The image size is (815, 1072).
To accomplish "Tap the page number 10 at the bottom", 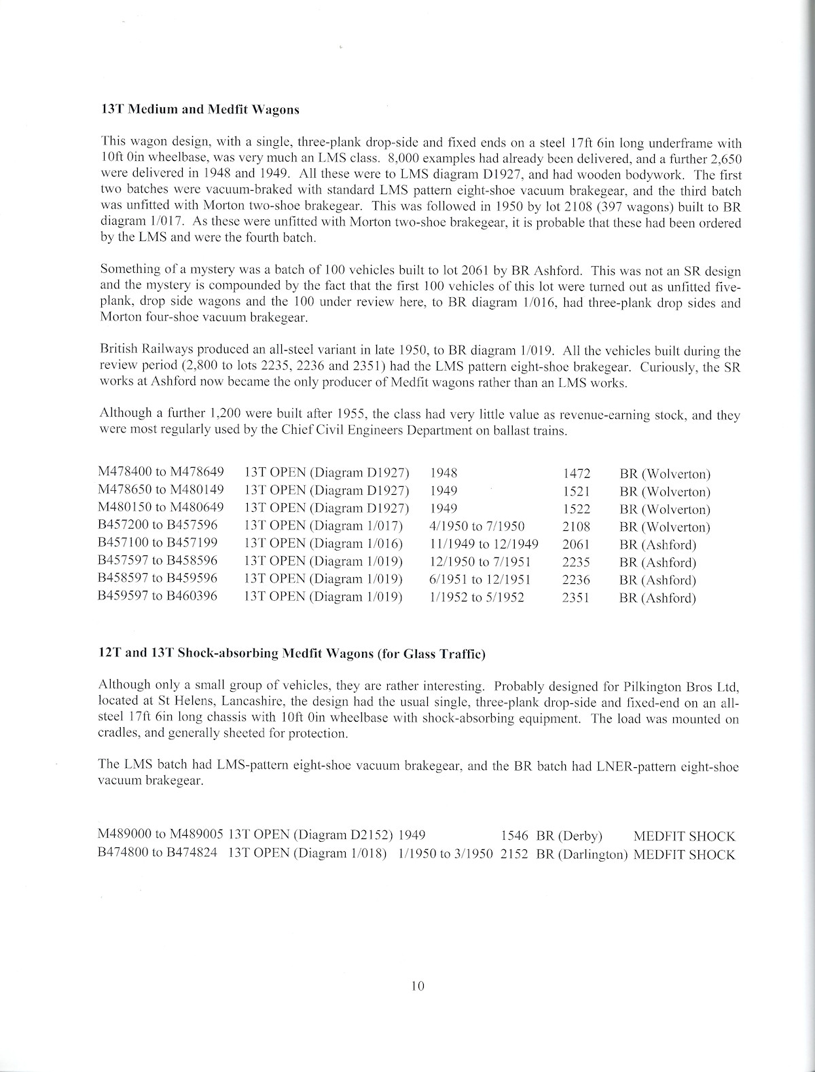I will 417,986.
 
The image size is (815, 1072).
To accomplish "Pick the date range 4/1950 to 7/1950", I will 477,527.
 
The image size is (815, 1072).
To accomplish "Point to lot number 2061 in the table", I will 577,544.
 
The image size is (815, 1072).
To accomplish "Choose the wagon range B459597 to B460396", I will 158,597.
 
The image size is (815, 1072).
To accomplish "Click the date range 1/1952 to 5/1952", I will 477,597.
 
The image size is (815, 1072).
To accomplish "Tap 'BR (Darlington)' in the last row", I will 581,855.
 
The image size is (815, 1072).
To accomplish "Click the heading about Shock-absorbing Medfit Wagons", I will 293,654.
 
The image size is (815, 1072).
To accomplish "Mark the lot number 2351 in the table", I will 577,597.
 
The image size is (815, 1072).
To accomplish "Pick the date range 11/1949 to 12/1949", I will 484,544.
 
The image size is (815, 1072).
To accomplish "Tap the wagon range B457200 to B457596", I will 158,527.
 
